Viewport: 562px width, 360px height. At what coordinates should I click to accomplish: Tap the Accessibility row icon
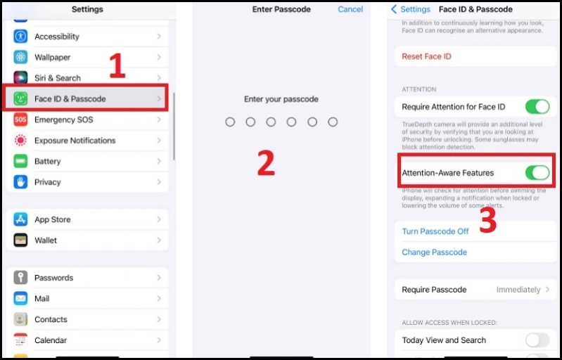tap(20, 37)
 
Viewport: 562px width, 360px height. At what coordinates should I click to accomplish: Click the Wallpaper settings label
tap(52, 57)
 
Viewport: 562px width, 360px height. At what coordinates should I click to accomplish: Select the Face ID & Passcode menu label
tap(70, 99)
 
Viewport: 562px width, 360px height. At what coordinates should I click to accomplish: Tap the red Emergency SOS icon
tap(20, 120)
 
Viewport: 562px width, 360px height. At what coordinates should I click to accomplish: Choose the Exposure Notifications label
tap(75, 141)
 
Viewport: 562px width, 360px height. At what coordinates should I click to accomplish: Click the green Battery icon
tap(20, 161)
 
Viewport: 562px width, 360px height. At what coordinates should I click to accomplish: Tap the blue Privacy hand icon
tap(20, 182)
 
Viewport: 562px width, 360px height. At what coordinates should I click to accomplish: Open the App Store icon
tap(20, 219)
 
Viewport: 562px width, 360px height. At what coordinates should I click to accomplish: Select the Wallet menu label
tap(46, 240)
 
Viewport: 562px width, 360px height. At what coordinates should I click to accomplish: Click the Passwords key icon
tap(20, 278)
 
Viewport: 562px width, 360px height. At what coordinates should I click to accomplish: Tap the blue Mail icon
tap(20, 299)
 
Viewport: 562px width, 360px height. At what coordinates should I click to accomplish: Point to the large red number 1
tap(117, 67)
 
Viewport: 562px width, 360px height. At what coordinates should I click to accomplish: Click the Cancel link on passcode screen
tap(350, 10)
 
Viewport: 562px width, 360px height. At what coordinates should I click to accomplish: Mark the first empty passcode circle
tap(230, 122)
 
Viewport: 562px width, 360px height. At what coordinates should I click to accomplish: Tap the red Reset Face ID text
tap(426, 56)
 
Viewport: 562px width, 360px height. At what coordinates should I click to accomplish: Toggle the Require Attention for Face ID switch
tap(537, 107)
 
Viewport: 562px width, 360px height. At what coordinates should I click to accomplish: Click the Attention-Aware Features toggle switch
tap(537, 173)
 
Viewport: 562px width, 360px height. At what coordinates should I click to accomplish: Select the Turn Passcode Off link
tap(435, 231)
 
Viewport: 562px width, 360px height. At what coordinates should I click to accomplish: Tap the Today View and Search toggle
tap(537, 340)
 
